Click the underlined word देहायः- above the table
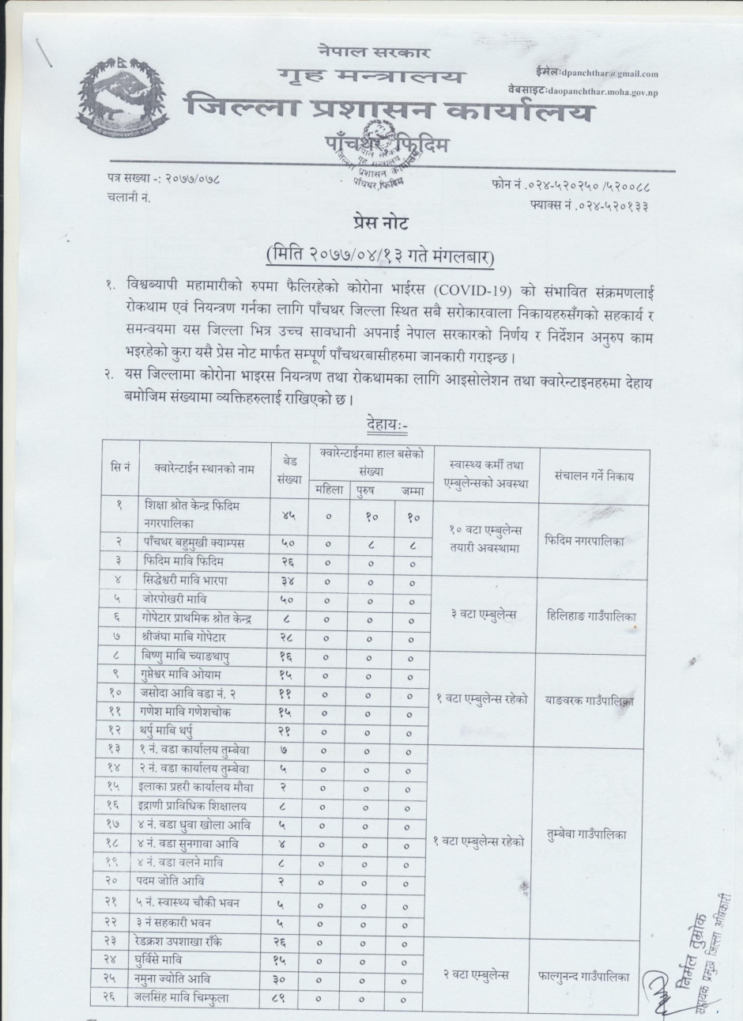coord(386,425)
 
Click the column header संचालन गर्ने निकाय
coord(588,476)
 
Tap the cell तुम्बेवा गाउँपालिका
coord(588,835)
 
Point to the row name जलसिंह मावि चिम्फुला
coord(187,997)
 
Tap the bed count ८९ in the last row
coord(289,998)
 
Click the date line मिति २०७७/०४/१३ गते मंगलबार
coord(381,257)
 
